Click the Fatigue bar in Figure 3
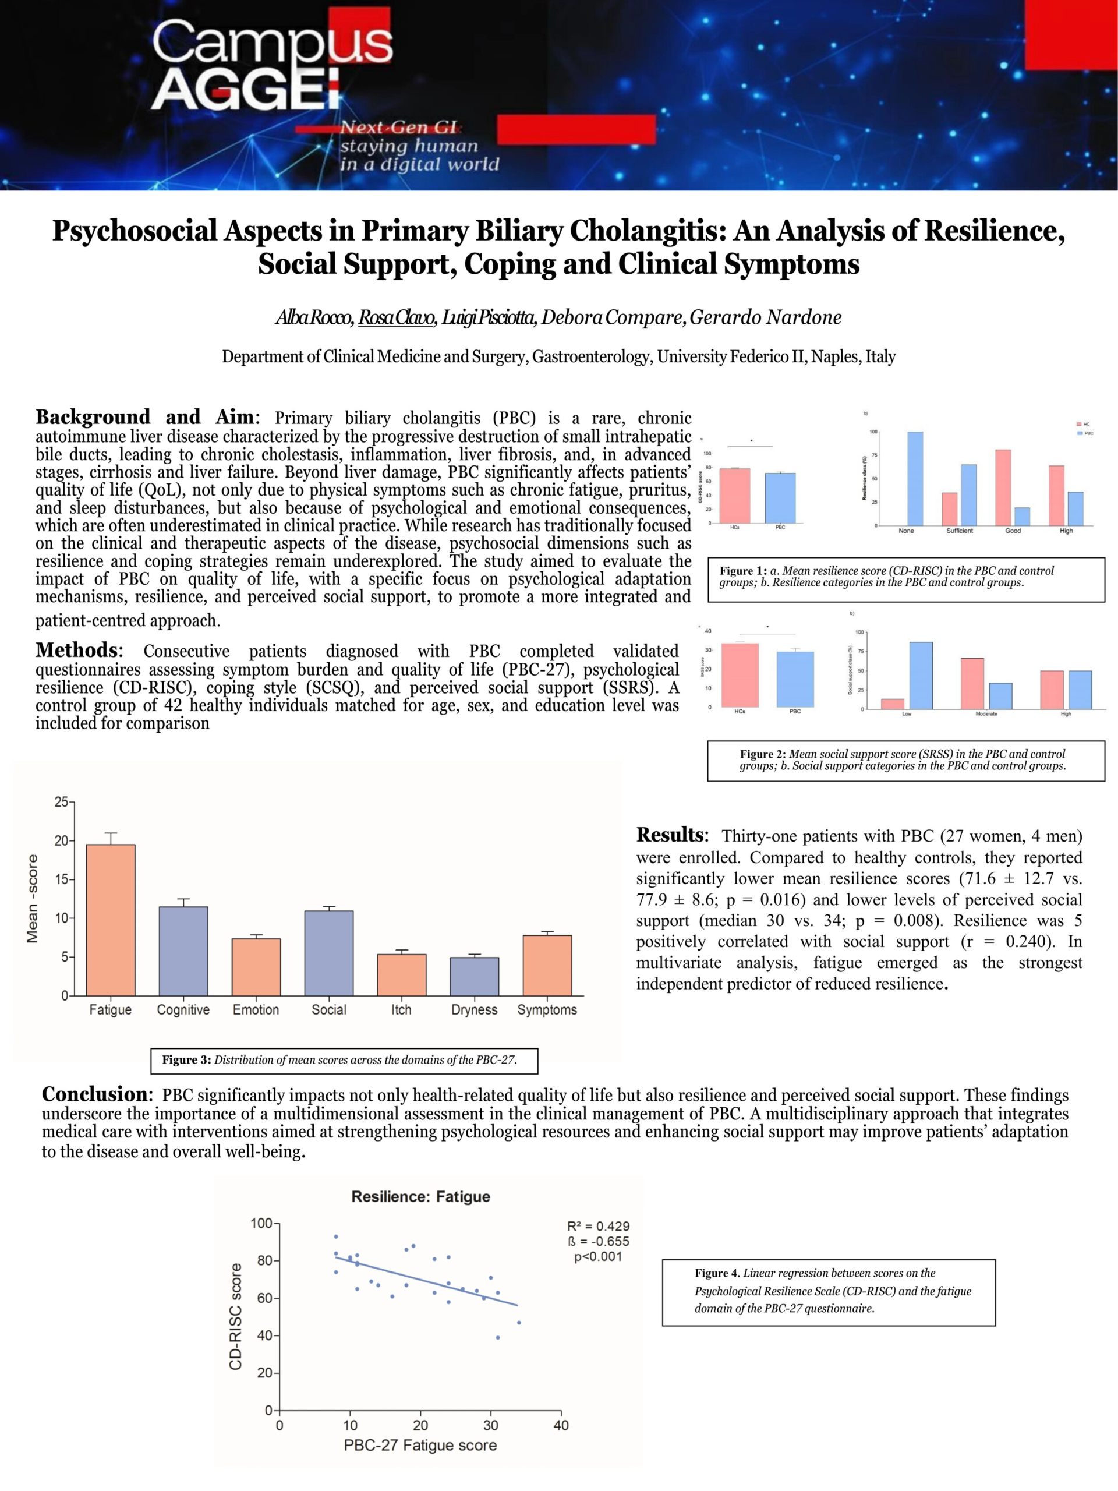click(111, 920)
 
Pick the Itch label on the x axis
click(401, 1010)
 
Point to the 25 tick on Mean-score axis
click(61, 802)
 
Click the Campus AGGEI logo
click(270, 64)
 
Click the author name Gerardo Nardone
click(765, 317)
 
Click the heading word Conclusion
click(95, 1094)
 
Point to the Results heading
click(671, 835)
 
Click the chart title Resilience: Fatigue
click(420, 1196)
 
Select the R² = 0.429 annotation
click(598, 1226)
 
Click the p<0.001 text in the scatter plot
click(598, 1256)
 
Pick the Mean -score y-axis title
click(33, 899)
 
